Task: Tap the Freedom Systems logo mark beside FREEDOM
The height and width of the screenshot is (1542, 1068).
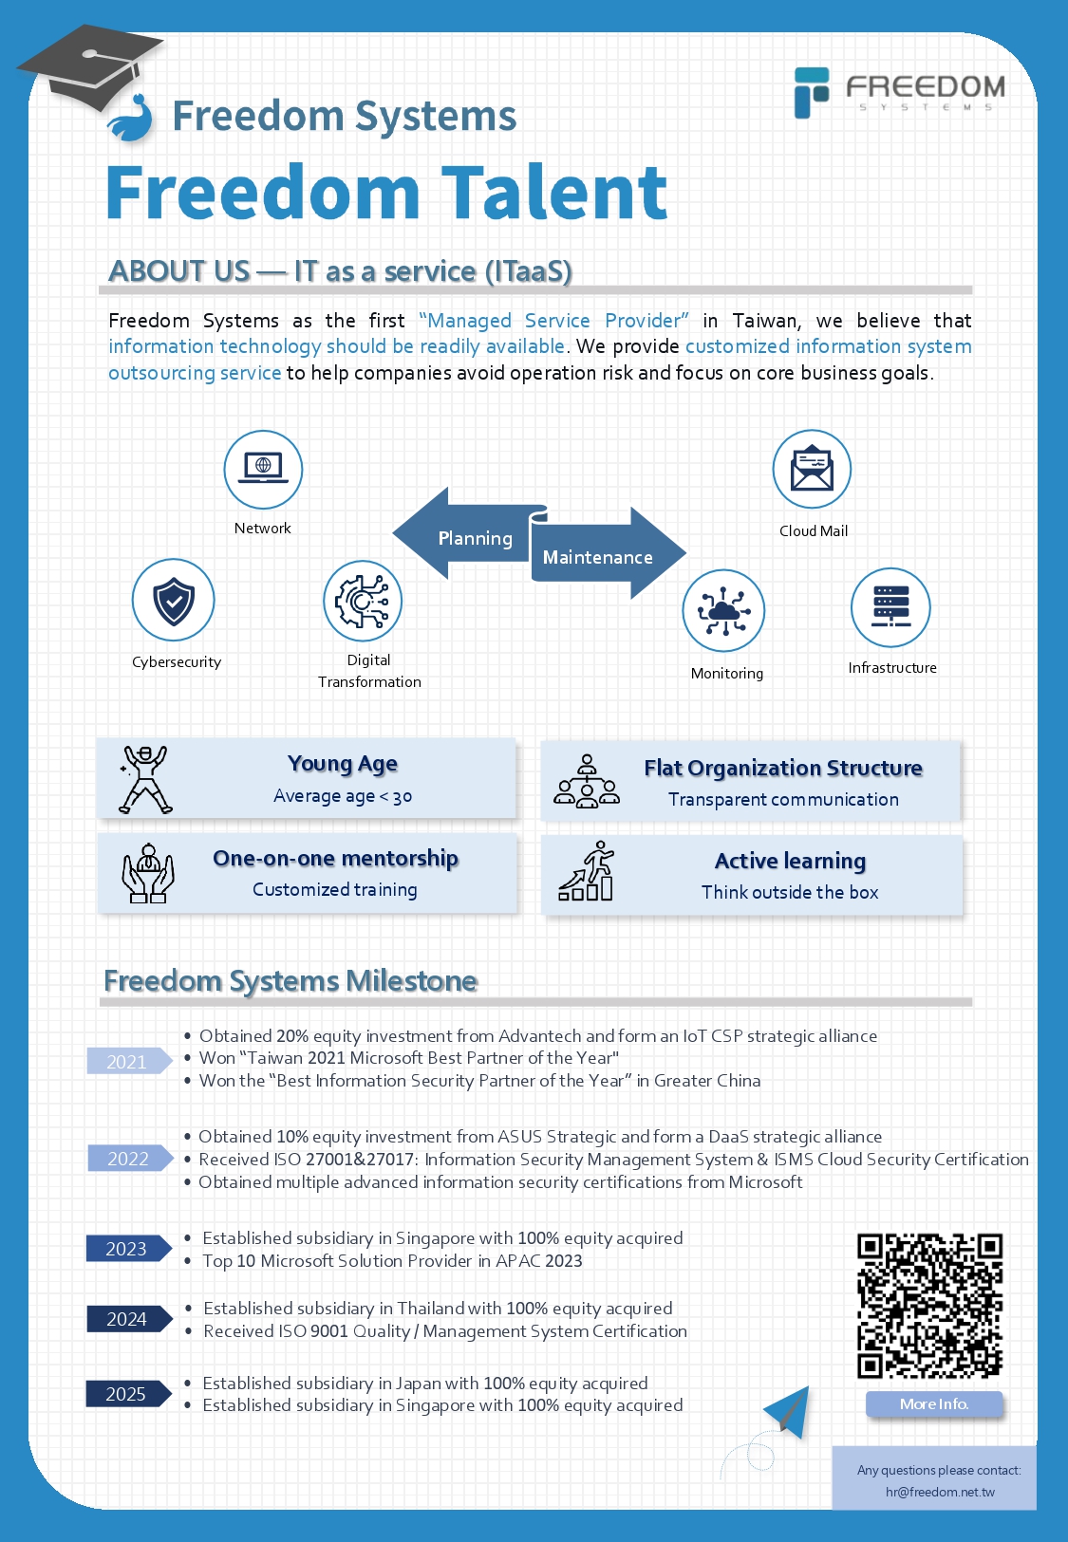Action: point(811,92)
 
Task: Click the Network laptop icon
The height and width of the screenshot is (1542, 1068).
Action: point(263,469)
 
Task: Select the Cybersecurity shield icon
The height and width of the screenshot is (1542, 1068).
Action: point(174,600)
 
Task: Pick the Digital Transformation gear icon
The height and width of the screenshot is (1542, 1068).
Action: point(363,601)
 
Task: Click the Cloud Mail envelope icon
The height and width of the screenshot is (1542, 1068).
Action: point(812,469)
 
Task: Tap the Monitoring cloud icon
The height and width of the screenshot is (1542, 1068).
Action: point(723,610)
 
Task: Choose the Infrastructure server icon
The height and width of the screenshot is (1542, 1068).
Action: point(891,607)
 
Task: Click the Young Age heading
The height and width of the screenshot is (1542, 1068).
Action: point(342,764)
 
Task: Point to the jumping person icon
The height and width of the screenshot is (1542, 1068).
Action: point(144,779)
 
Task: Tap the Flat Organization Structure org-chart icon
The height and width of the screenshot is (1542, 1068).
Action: point(587,781)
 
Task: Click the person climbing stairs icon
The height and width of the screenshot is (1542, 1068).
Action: point(586,871)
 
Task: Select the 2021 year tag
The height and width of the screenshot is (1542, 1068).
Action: point(129,1061)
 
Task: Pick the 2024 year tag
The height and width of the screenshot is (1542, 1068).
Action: point(129,1318)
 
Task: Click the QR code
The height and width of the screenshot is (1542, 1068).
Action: point(929,1306)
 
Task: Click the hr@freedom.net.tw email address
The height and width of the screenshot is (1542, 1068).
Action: point(940,1492)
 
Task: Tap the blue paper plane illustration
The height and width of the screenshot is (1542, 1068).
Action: point(788,1411)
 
